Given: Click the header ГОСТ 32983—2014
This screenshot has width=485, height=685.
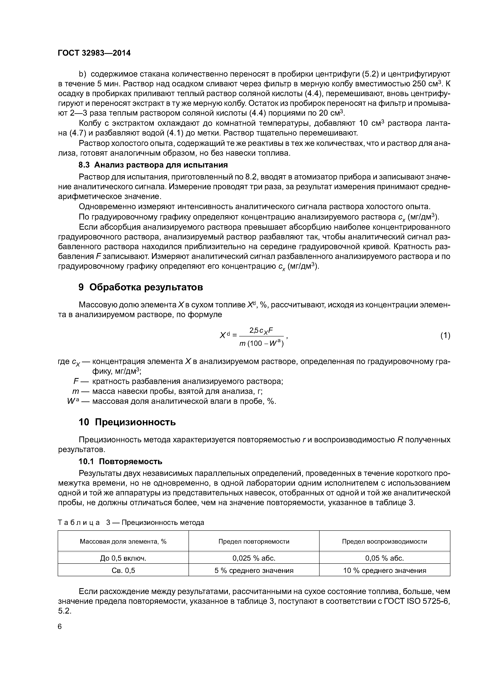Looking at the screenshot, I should click(94, 53).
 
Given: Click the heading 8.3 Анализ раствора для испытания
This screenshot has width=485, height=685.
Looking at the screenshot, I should click(153, 165).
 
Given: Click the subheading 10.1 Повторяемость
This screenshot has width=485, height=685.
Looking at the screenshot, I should click(120, 462).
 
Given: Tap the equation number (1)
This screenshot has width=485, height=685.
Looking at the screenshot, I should click(445, 336).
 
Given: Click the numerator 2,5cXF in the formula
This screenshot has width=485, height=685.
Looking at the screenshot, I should click(261, 330).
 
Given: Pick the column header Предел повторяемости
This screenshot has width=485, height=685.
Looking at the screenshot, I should click(254, 541).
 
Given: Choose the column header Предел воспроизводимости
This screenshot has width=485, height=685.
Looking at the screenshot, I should click(384, 541).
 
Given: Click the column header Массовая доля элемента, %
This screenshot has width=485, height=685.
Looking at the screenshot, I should click(123, 541).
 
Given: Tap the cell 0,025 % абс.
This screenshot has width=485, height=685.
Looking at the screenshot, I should click(254, 558).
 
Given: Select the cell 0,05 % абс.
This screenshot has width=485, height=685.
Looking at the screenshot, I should click(384, 558).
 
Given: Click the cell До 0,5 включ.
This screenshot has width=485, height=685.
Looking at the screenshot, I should click(123, 558).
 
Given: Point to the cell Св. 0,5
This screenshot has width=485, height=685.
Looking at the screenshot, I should click(123, 570).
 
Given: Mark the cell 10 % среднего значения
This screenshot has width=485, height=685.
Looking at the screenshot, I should click(384, 570).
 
